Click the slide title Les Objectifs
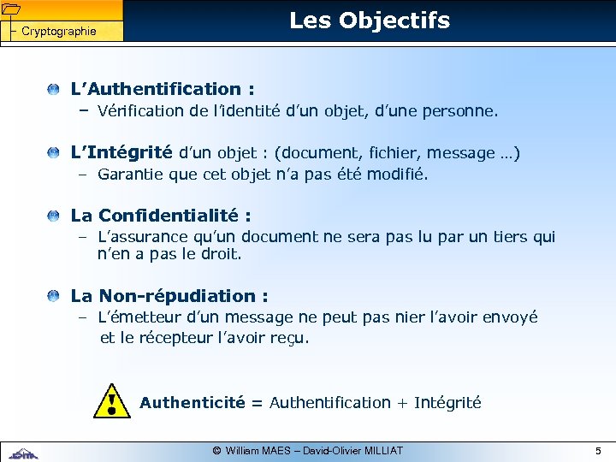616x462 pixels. (x=369, y=21)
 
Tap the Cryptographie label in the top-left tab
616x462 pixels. (x=58, y=32)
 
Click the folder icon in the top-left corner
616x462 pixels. (x=10, y=9)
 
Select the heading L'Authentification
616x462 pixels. (x=163, y=89)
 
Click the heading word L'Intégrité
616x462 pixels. (x=121, y=153)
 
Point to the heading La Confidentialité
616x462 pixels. (x=161, y=216)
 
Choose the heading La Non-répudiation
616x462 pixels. (x=169, y=296)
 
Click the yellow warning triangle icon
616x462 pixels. (x=113, y=401)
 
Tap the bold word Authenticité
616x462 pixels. (x=192, y=402)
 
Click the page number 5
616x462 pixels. (x=598, y=450)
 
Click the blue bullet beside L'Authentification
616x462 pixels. (x=54, y=89)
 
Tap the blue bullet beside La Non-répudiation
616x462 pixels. (x=54, y=296)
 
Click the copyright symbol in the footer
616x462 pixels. (x=217, y=450)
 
